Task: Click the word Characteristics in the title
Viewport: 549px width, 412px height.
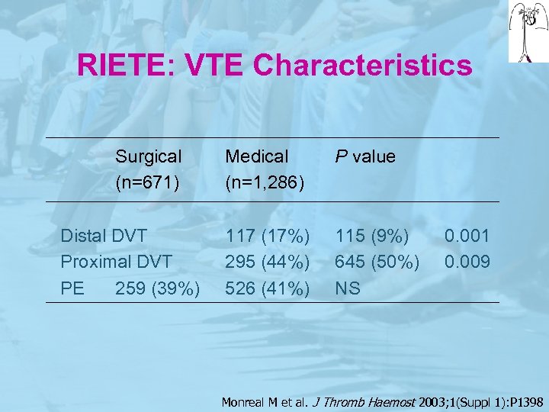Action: tap(362, 65)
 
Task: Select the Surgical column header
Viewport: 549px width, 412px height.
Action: tap(149, 156)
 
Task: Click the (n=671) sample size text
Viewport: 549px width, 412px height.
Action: tap(149, 183)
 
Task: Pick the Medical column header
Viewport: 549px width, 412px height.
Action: tap(257, 156)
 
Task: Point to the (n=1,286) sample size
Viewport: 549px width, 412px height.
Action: tap(265, 183)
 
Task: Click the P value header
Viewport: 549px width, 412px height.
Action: tap(365, 156)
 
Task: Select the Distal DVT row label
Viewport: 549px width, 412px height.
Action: tap(104, 237)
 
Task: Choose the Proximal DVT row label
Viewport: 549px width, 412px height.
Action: tap(117, 262)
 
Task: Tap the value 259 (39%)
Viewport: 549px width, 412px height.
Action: tap(158, 289)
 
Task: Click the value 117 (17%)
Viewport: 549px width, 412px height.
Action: tap(267, 237)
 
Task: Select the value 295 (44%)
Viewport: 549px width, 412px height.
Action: tap(267, 262)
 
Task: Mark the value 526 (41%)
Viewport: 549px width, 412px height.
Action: tap(267, 289)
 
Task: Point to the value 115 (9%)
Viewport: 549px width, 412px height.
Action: tap(372, 237)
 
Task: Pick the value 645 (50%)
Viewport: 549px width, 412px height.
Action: tap(377, 262)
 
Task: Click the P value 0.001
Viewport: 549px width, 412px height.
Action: tap(467, 237)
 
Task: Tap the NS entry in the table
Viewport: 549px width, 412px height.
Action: tap(347, 289)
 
